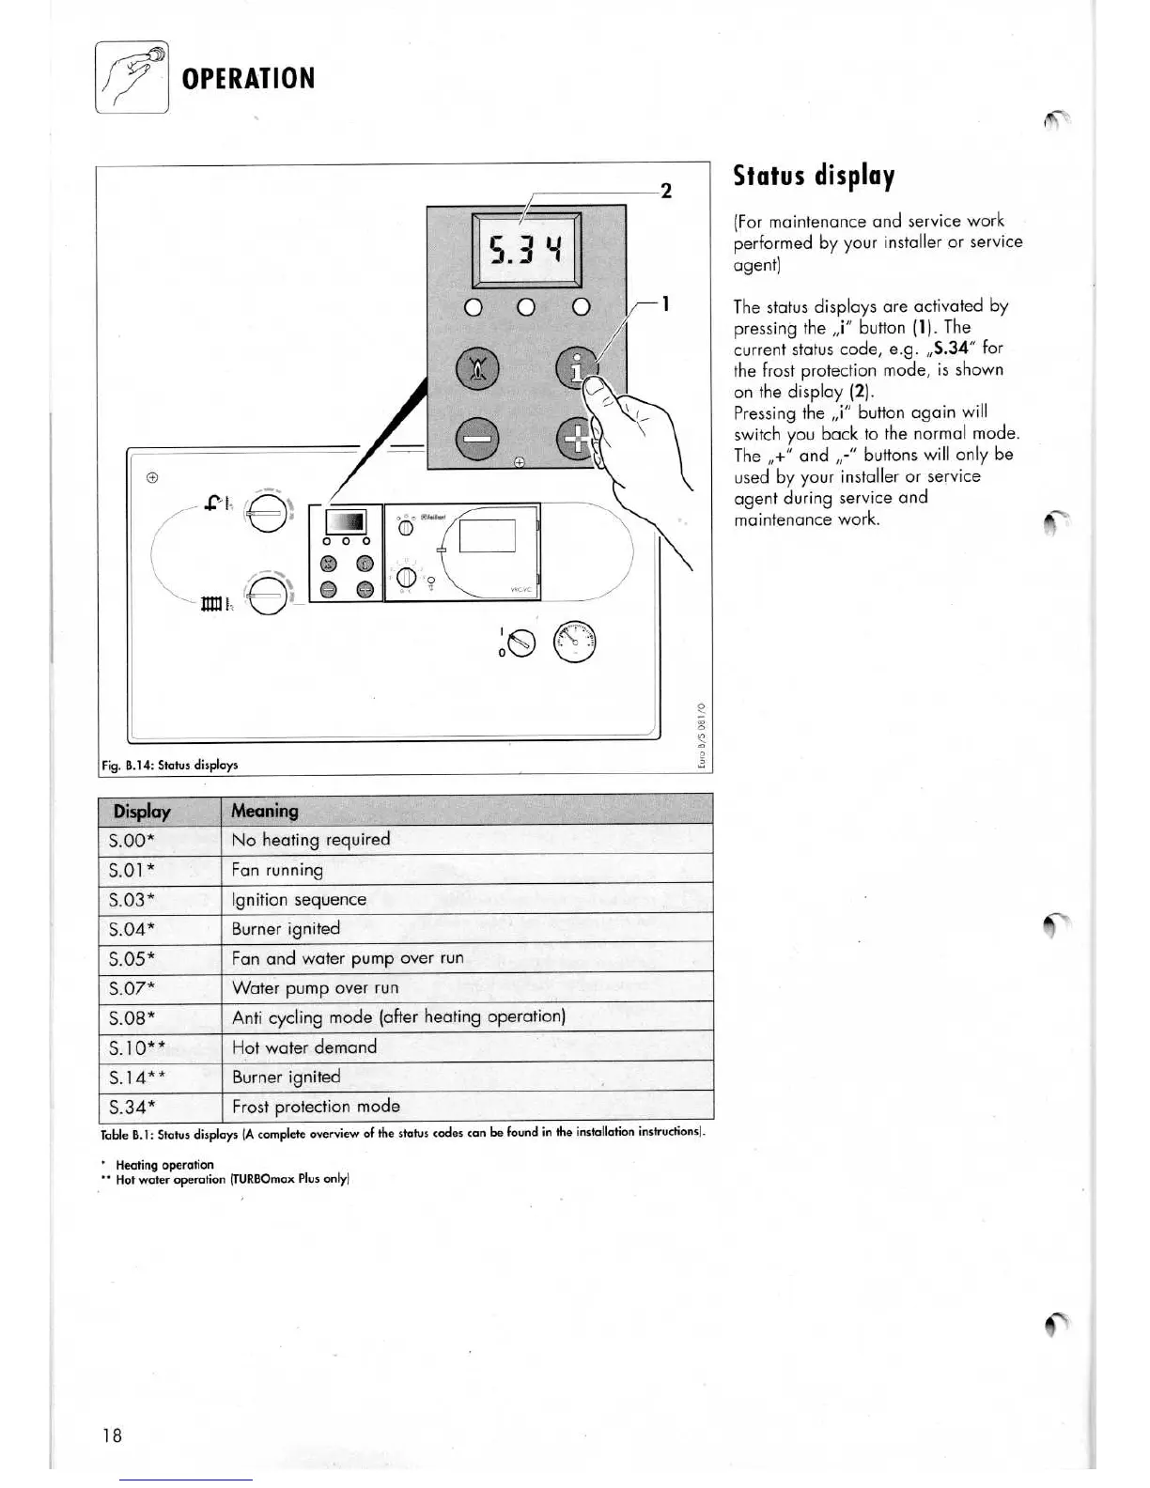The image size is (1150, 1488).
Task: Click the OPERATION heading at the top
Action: point(248,78)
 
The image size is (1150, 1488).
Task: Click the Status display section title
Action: point(814,176)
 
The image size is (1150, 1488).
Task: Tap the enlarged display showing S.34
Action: point(526,250)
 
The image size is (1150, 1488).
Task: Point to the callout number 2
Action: point(666,191)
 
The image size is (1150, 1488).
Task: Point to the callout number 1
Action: point(665,303)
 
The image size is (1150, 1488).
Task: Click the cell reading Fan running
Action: point(277,870)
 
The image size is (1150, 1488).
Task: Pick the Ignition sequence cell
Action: point(299,899)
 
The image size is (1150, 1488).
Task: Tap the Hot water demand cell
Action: point(304,1046)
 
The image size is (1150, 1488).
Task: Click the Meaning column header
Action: point(265,811)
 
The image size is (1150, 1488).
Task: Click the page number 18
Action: point(113,1434)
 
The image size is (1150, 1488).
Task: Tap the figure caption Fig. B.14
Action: point(170,765)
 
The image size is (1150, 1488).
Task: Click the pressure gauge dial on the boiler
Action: point(574,643)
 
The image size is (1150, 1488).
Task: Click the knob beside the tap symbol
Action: point(266,513)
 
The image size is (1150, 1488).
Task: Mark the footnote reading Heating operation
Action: point(164,1165)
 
